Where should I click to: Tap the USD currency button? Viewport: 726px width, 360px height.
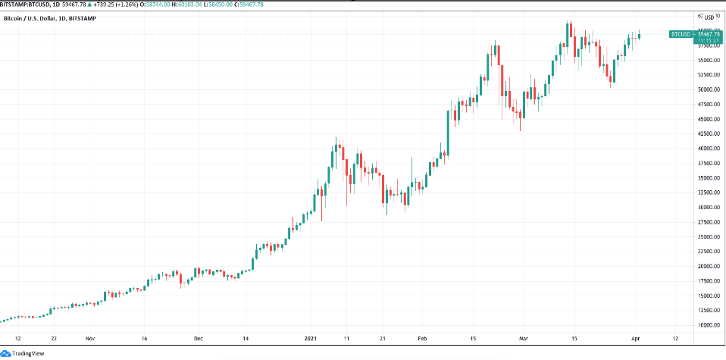[709, 17]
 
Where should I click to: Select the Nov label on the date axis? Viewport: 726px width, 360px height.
[89, 339]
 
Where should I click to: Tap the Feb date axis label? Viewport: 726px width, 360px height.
[421, 339]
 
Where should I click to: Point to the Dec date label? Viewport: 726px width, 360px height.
[198, 339]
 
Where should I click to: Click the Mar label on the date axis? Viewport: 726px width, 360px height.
[523, 339]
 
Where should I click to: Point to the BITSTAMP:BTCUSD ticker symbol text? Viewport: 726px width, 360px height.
[27, 4]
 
